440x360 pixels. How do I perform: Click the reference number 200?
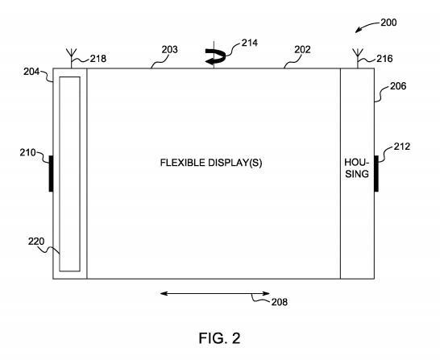388,23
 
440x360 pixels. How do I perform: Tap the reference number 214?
250,43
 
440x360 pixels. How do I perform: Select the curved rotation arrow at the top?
215,56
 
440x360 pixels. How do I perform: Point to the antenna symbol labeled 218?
71,58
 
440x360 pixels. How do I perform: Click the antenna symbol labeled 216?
358,58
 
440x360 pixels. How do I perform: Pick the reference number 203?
169,50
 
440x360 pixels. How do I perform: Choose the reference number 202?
302,50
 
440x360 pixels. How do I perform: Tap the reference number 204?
31,72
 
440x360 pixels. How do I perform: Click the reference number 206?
398,86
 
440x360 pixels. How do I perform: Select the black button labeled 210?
51,174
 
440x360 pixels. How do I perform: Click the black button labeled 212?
376,174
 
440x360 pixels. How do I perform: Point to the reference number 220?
36,242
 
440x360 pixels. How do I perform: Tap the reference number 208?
279,302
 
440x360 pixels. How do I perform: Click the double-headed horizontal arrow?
215,293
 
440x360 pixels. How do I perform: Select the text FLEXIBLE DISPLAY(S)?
211,163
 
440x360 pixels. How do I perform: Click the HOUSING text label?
357,168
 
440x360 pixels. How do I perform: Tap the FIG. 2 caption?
220,338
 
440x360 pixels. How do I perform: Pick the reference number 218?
98,59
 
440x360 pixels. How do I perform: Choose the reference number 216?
384,59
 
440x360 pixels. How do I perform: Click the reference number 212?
402,147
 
